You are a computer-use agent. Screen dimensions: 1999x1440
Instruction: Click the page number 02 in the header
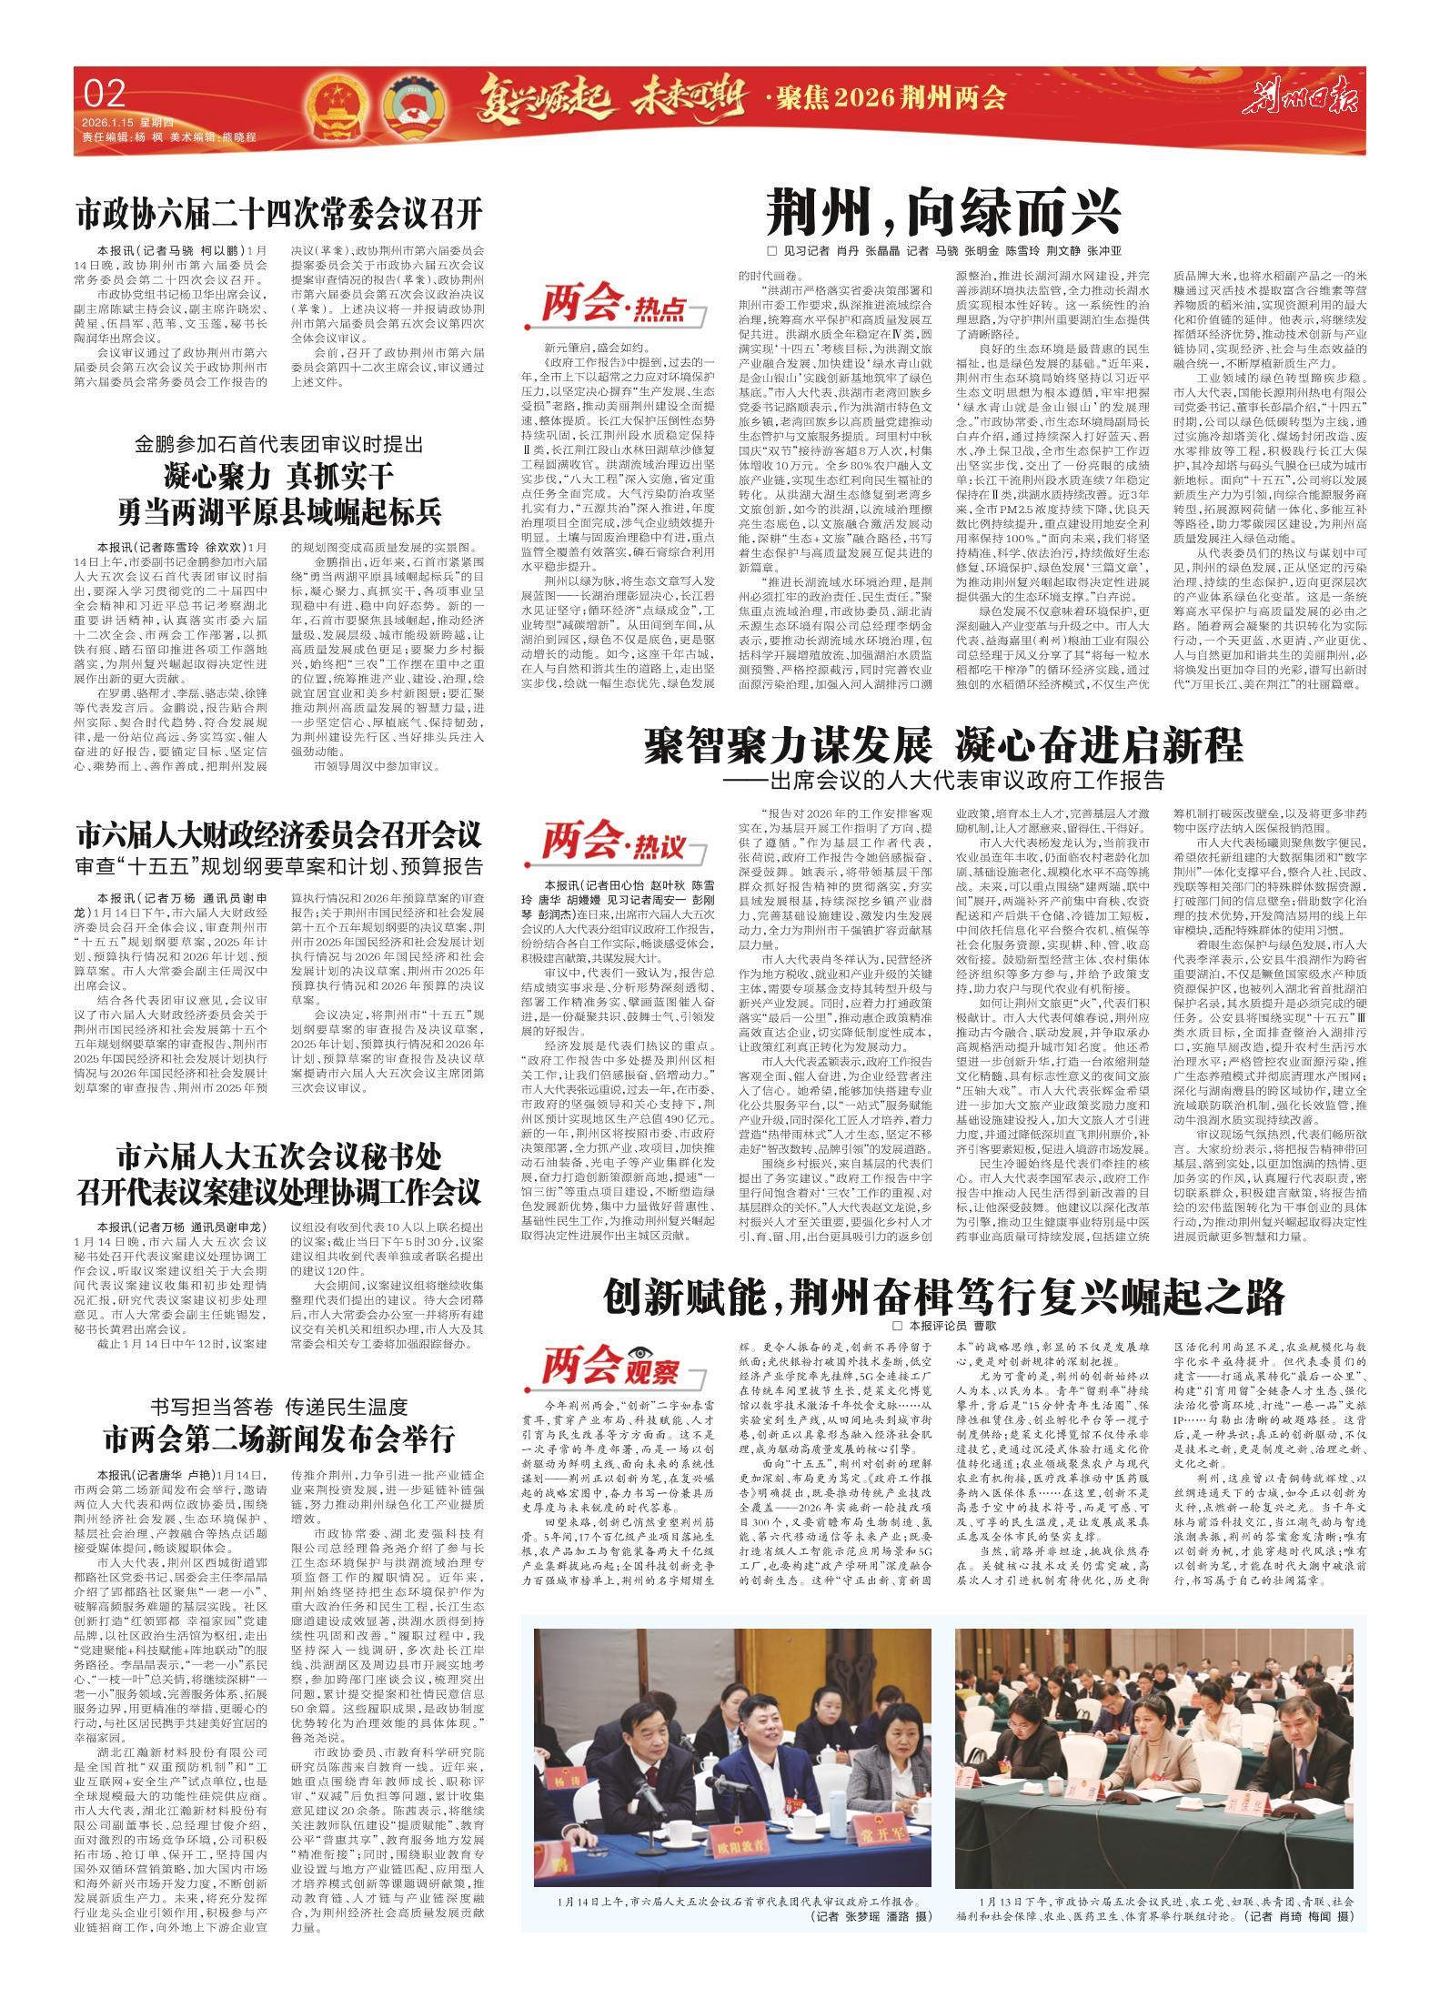(x=104, y=94)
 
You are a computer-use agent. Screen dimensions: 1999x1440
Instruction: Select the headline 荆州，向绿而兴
(x=943, y=212)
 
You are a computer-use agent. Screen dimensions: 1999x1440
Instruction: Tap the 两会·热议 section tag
(x=612, y=845)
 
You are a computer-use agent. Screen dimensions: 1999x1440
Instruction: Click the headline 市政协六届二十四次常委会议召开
(x=277, y=215)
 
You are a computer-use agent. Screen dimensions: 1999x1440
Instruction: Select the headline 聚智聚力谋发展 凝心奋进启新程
(x=943, y=746)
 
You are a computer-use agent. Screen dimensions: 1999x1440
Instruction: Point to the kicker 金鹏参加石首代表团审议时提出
(x=277, y=446)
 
